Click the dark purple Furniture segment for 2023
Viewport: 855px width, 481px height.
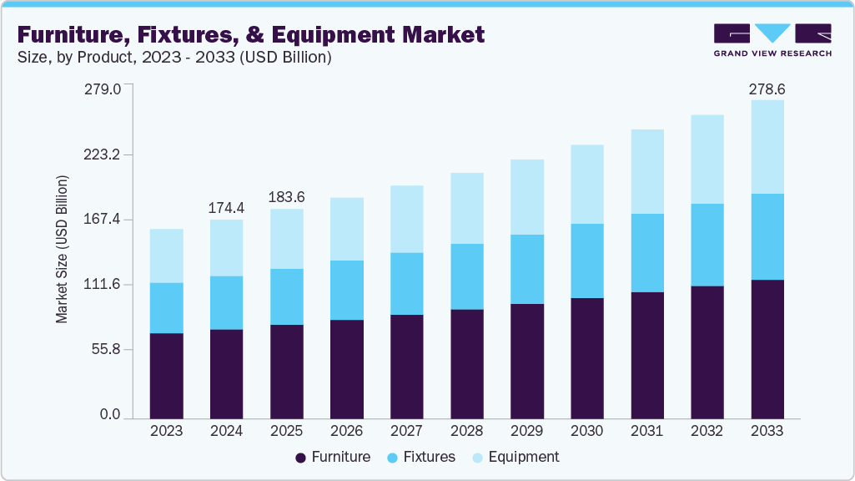click(x=166, y=375)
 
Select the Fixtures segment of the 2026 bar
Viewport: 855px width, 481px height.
click(x=346, y=290)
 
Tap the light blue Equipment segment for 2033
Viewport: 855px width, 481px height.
click(x=767, y=147)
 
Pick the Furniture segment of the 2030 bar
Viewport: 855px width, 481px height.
click(x=586, y=357)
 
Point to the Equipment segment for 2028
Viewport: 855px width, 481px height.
click(x=466, y=208)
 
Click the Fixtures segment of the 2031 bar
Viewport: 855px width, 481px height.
click(x=646, y=253)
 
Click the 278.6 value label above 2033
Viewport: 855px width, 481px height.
click(x=767, y=89)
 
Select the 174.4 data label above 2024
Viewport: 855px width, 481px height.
click(x=226, y=206)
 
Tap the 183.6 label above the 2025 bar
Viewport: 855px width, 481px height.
click(x=286, y=197)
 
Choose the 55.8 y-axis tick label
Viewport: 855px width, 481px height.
click(x=108, y=349)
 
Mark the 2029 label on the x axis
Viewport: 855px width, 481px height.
click(x=526, y=431)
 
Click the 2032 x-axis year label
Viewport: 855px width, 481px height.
click(x=707, y=431)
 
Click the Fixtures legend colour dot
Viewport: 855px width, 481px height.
click(x=392, y=458)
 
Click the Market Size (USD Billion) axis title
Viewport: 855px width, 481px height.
click(x=62, y=250)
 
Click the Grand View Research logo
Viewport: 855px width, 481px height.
click(x=772, y=39)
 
